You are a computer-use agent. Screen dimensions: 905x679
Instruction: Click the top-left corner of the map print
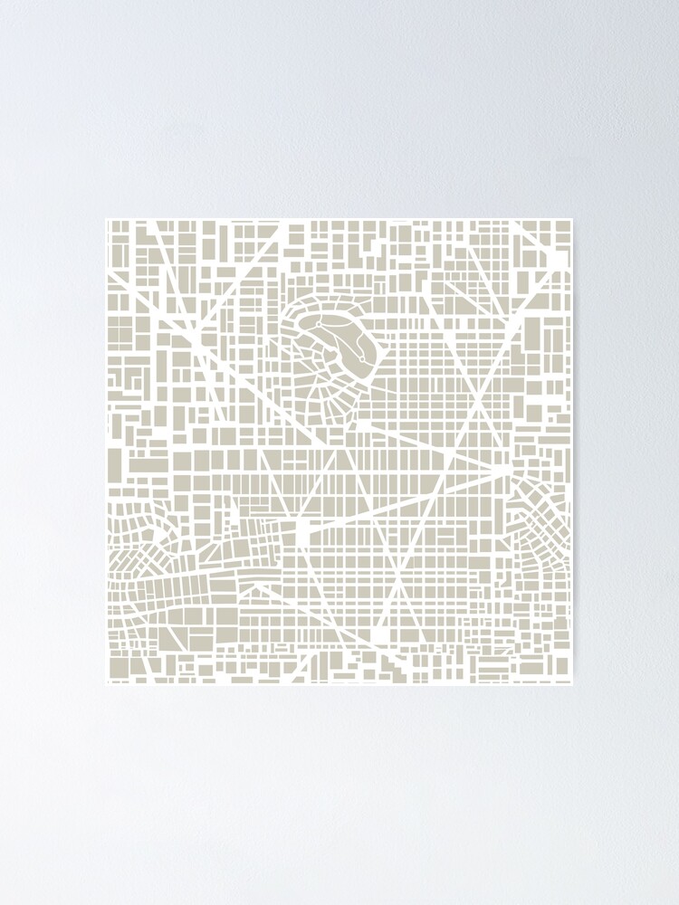(107, 219)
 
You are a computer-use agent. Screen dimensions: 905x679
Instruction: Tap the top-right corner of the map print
(572, 219)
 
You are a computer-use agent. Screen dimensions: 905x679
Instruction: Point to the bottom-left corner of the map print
(107, 684)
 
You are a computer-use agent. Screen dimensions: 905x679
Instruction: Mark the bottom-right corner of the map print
(572, 684)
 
